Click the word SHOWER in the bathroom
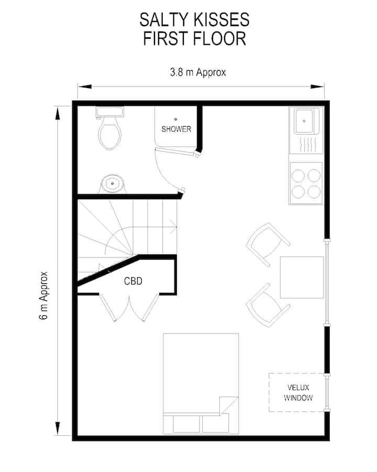click(x=176, y=129)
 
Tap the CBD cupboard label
click(x=133, y=281)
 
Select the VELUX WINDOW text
click(x=298, y=392)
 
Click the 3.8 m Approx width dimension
click(x=198, y=72)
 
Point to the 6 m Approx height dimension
click(x=44, y=296)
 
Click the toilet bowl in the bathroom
click(x=110, y=133)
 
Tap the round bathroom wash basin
click(x=112, y=184)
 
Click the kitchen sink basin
click(x=304, y=121)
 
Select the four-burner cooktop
click(x=306, y=184)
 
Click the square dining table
click(x=302, y=277)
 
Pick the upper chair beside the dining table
click(x=268, y=244)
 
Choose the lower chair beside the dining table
click(x=268, y=305)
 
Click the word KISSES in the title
click(x=221, y=20)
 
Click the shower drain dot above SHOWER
click(x=175, y=119)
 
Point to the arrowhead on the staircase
click(x=174, y=227)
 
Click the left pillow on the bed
click(x=186, y=424)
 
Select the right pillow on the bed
click(x=215, y=424)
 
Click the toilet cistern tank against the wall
click(x=110, y=112)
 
